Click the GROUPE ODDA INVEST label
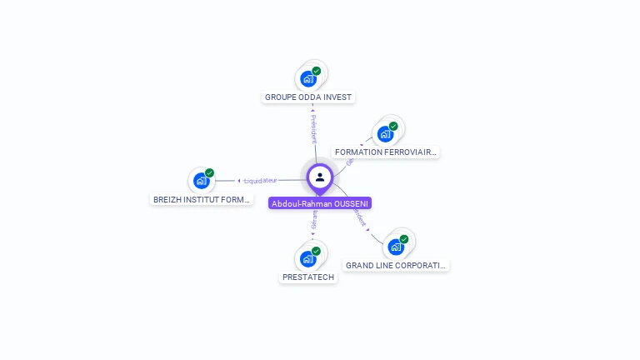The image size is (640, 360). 308,97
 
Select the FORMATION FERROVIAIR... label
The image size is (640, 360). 385,152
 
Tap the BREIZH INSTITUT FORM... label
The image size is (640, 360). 202,200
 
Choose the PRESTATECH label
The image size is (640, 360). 308,277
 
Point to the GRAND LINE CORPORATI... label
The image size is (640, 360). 396,266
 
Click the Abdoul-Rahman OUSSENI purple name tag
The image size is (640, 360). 320,203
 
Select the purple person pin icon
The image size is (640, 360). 320,177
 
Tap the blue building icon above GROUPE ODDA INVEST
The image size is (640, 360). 308,79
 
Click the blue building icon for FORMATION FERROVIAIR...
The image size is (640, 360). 385,133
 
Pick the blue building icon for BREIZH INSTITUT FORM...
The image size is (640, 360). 201,181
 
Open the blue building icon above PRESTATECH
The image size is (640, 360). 308,258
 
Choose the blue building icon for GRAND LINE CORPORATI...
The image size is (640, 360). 396,247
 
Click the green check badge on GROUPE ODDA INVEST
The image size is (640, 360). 317,71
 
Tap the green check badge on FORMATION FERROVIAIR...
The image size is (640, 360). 393,126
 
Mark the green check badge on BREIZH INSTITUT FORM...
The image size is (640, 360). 209,173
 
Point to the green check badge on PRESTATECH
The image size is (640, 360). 317,250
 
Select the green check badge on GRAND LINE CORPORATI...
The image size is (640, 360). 404,239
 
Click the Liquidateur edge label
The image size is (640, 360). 259,180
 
